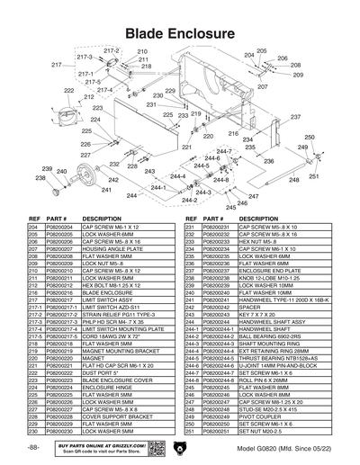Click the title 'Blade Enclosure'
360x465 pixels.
point(180,32)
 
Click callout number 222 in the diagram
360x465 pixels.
point(67,91)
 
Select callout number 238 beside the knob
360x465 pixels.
point(40,178)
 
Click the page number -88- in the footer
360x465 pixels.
point(33,446)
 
